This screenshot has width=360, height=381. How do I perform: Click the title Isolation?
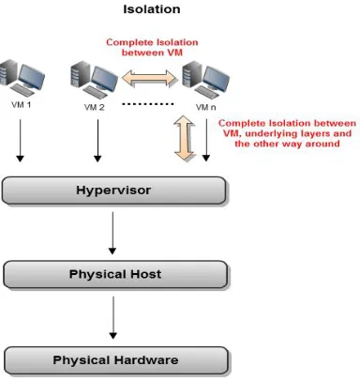[x=152, y=9]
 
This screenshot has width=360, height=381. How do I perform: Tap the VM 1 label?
[x=22, y=105]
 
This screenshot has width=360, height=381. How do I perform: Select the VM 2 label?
[x=94, y=107]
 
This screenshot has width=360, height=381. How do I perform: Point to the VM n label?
[x=205, y=107]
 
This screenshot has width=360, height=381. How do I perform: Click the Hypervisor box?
[x=113, y=190]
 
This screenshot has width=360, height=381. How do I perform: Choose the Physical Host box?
[x=115, y=274]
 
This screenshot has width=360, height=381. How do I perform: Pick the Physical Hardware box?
[x=115, y=360]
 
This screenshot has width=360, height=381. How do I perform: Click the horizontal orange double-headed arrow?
[x=149, y=79]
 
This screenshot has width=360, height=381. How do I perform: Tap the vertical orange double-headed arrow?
[x=185, y=138]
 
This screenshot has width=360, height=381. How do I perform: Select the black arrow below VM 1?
[x=21, y=141]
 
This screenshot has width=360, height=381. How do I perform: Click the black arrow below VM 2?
[x=97, y=141]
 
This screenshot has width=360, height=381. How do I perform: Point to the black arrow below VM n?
[x=206, y=140]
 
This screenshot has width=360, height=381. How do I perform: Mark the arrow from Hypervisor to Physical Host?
[x=112, y=233]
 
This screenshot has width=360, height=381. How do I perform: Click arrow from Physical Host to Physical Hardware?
[x=113, y=318]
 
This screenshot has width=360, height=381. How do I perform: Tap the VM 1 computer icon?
[x=22, y=78]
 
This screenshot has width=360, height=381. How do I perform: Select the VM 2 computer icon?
[x=94, y=80]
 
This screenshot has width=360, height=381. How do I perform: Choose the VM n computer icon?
[x=205, y=80]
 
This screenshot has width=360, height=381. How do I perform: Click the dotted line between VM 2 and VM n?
[x=147, y=104]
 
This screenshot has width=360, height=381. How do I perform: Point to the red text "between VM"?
[x=152, y=53]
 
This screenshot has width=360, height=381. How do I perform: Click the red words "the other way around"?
[x=287, y=144]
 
